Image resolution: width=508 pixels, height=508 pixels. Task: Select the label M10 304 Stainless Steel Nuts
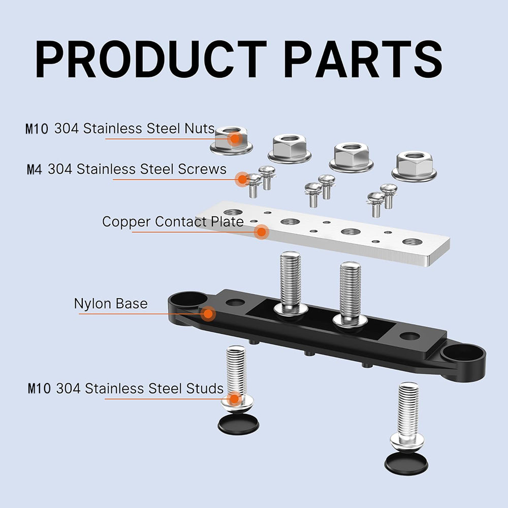point(120,129)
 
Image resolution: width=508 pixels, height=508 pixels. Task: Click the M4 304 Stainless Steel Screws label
point(126,169)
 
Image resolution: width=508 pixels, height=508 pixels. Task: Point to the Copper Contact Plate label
point(173,222)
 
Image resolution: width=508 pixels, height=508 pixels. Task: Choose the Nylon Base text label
point(111,304)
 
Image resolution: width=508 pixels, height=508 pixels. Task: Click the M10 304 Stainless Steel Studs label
point(125,389)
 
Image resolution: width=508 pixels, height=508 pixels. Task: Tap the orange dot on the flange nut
point(234,138)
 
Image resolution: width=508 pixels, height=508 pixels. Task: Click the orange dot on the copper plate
point(262,232)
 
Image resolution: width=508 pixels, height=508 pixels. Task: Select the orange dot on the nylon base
point(208,313)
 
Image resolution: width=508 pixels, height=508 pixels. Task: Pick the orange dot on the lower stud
point(234,398)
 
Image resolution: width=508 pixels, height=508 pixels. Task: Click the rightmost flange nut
point(414,166)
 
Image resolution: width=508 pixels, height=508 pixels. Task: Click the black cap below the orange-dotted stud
point(238,424)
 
